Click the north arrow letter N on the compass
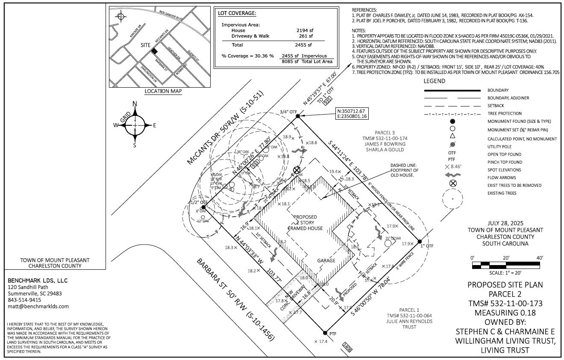(x=135, y=104)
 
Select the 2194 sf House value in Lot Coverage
(x=305, y=30)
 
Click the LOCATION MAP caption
(x=163, y=91)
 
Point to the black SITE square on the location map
(x=154, y=51)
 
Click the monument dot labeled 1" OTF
(x=420, y=242)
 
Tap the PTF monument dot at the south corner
(x=325, y=333)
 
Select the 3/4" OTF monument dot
(x=297, y=116)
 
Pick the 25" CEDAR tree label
(x=393, y=238)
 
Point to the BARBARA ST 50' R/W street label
(x=236, y=299)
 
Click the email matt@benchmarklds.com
(x=38, y=307)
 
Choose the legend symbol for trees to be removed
(x=453, y=184)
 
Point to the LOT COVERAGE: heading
(x=237, y=13)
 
